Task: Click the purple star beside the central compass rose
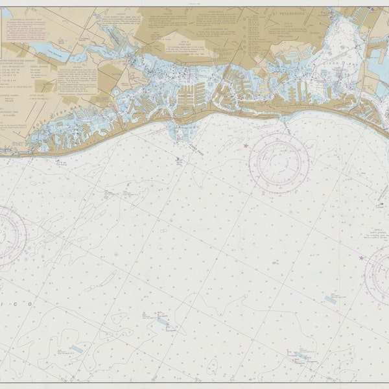click(246, 146)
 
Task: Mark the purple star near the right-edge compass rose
click(361, 258)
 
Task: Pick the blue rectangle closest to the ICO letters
click(77, 349)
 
